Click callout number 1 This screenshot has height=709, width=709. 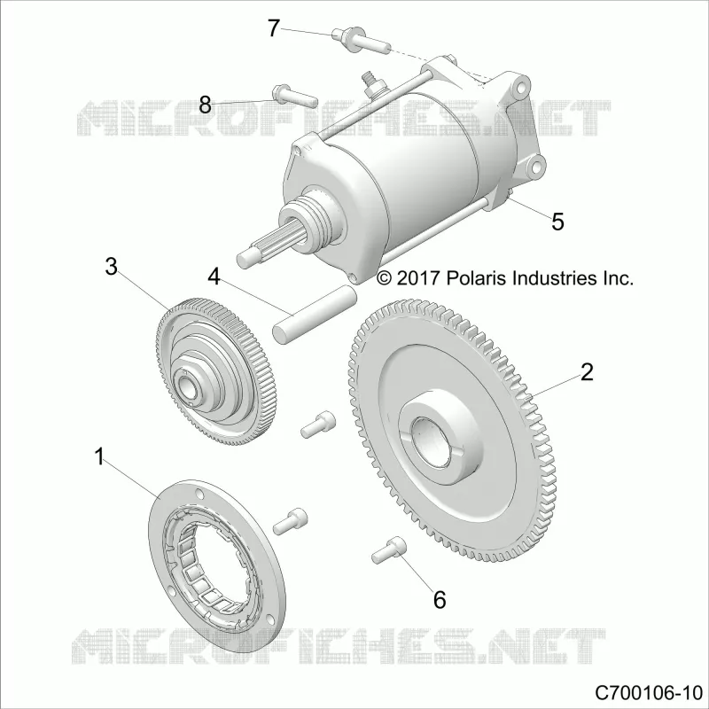[100, 456]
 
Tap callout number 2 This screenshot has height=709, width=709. [587, 372]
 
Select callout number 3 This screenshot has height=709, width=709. [112, 267]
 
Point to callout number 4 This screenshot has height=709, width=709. [214, 277]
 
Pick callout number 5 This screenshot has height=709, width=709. [557, 222]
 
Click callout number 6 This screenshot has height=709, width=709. [440, 600]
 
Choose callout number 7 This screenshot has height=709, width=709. [274, 28]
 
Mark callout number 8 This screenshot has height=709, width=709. [205, 105]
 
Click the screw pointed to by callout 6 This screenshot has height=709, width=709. [389, 549]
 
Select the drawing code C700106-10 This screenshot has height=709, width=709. [649, 692]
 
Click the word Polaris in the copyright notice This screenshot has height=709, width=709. [477, 277]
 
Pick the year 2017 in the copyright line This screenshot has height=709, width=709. [418, 277]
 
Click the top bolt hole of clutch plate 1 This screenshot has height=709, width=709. [198, 493]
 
